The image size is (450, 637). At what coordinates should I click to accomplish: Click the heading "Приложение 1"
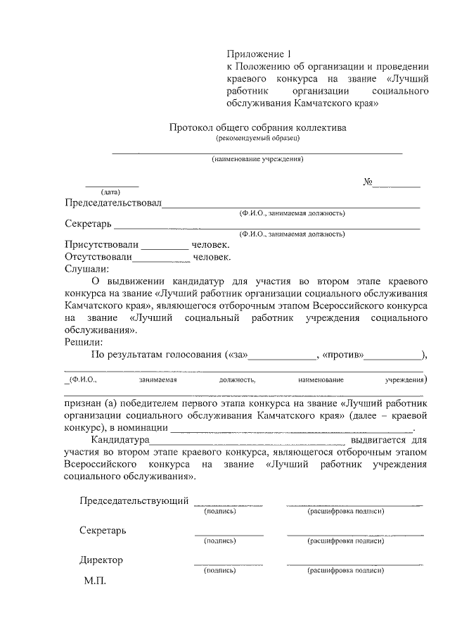257,54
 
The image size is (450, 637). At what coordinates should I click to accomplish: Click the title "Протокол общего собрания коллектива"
257,128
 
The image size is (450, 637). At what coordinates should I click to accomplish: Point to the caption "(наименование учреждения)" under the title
257,159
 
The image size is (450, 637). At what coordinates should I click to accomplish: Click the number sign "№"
367,182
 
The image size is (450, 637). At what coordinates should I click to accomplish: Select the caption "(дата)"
111,192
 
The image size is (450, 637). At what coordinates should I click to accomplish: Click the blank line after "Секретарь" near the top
267,226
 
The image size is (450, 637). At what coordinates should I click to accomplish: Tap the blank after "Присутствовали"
165,247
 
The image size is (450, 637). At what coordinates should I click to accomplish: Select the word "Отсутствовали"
103,257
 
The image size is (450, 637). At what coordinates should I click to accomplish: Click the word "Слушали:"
87,268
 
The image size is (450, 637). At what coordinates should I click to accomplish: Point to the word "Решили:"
84,342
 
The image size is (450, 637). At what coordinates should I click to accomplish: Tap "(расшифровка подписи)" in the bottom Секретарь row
345,541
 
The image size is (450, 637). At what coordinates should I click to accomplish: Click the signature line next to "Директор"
229,563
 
